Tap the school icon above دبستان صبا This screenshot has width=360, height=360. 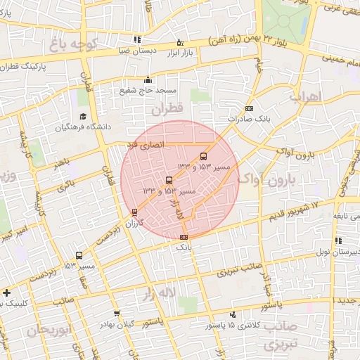click(136, 39)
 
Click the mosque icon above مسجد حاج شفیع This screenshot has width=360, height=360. click(148, 79)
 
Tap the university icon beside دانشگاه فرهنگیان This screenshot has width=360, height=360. click(83, 117)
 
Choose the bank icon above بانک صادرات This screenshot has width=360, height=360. click(249, 108)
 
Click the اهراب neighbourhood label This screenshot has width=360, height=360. click(305, 96)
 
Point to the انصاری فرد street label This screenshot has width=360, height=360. click(145, 144)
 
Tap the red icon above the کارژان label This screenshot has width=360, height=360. click(134, 212)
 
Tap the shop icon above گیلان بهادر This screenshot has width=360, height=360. click(116, 314)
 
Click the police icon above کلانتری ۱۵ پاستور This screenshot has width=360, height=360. click(233, 314)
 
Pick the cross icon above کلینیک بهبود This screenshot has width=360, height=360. click(7, 292)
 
